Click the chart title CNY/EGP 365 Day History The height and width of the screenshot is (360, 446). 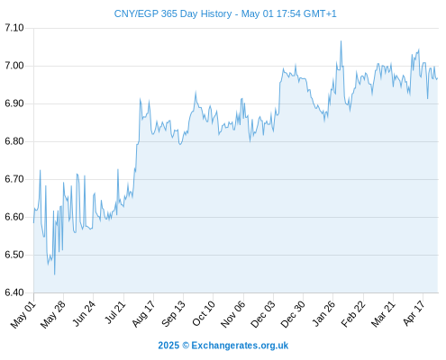coord(173,13)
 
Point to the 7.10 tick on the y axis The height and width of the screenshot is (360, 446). coord(14,28)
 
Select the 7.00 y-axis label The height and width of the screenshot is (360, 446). coord(14,66)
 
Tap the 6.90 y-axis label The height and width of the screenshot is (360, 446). coord(14,103)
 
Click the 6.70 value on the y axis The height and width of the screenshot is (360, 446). coord(14,179)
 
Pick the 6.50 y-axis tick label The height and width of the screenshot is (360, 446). coord(14,255)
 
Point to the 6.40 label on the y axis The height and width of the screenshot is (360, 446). coord(14,292)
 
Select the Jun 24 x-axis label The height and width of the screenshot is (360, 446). coord(84,313)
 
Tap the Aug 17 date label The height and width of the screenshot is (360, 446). coord(143,314)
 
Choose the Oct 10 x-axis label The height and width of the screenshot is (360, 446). coord(204,313)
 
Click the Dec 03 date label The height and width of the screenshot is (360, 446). coord(262,314)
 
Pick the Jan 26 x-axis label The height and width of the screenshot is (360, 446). coord(323,313)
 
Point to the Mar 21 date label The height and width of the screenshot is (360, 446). coord(382,314)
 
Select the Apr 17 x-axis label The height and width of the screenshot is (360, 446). coord(414,313)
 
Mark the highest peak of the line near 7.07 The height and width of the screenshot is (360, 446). coord(341,41)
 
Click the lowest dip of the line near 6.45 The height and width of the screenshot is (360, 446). coord(54,274)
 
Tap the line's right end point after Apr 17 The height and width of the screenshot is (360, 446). coord(438,78)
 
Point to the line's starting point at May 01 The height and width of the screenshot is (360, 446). coord(33,222)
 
